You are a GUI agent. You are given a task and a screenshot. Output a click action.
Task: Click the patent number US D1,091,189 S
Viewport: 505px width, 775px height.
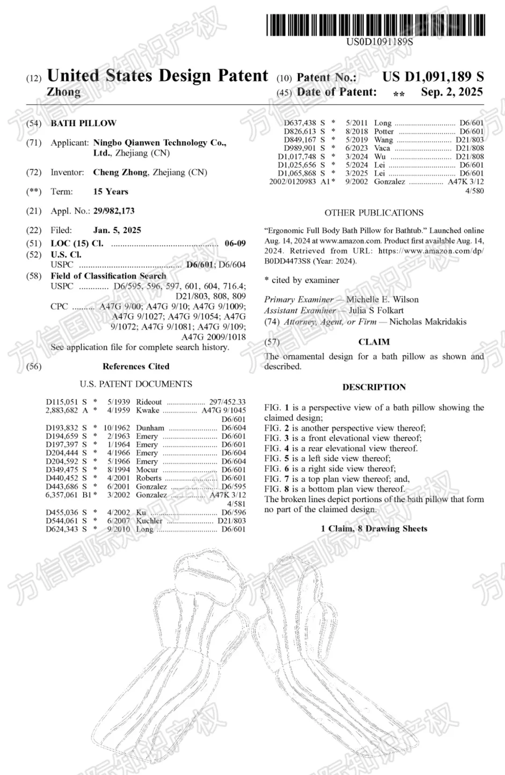point(433,77)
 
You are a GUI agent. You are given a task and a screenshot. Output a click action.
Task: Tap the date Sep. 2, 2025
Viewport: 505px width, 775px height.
point(451,92)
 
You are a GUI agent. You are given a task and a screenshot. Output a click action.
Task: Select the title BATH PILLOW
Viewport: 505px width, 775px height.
point(83,123)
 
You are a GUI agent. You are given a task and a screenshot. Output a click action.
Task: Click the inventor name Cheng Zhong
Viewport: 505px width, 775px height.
point(120,172)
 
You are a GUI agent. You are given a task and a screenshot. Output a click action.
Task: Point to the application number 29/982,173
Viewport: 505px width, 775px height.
point(114,211)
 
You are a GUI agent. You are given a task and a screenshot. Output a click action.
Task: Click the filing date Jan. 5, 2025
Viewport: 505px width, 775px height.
point(117,230)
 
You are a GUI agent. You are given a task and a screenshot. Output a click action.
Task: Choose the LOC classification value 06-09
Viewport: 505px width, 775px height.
point(235,243)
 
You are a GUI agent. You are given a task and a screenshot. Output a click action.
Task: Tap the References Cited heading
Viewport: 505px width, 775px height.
point(136,366)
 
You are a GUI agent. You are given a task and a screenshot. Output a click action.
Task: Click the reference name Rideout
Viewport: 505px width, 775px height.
point(149,402)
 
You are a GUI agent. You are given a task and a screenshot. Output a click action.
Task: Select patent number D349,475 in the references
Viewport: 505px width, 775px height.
point(62,469)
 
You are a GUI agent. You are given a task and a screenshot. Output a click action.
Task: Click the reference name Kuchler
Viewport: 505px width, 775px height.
point(149,521)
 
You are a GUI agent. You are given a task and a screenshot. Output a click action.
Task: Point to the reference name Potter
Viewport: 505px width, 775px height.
point(383,131)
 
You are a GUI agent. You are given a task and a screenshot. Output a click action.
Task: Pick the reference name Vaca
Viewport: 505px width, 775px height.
point(382,148)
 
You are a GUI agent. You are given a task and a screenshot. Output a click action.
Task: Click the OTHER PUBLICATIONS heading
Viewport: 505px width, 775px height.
point(374,213)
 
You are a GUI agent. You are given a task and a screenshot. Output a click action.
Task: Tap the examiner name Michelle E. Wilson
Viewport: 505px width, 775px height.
point(382,300)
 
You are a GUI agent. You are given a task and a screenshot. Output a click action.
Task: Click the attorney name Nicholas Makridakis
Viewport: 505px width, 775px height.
point(427,322)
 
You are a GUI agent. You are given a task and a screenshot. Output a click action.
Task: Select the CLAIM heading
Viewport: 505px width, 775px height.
point(374,342)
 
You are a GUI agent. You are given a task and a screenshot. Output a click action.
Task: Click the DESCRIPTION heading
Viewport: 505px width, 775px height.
point(374,387)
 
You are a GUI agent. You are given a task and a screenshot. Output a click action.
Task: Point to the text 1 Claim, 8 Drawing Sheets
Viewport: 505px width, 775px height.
point(374,529)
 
